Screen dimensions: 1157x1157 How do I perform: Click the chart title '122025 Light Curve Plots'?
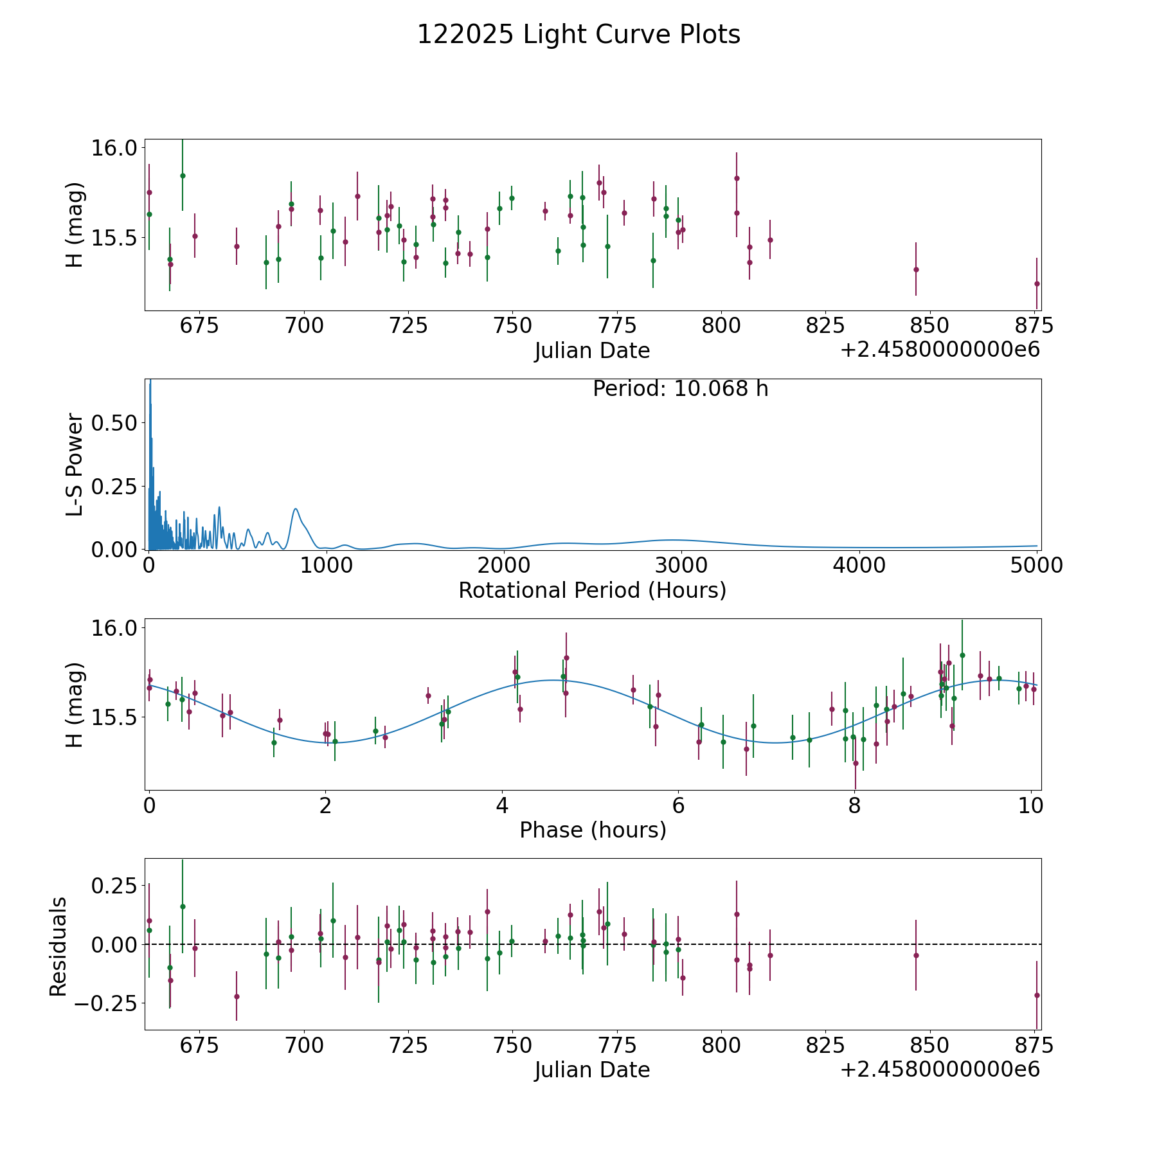tap(578, 35)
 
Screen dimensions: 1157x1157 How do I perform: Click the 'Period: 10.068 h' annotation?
tap(680, 389)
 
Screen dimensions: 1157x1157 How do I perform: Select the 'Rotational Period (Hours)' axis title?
tap(592, 590)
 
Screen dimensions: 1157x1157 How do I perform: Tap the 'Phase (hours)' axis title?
tap(592, 830)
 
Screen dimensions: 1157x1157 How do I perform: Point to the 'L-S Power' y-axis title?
tap(75, 464)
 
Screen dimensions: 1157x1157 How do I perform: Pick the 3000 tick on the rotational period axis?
tap(681, 566)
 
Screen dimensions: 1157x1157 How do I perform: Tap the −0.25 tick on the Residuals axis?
tap(106, 1003)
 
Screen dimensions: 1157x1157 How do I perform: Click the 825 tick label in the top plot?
tap(825, 326)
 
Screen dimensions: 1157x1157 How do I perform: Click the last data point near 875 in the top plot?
tap(1036, 283)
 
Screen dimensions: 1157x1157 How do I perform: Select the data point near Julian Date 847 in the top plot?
tap(916, 269)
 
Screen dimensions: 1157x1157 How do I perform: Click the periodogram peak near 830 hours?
tap(296, 509)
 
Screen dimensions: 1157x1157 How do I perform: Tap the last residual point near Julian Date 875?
tap(1036, 995)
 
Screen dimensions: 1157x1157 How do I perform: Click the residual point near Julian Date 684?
tap(237, 996)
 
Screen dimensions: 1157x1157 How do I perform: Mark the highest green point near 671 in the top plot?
tap(183, 175)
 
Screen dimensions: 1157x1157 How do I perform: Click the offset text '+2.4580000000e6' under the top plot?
tap(940, 350)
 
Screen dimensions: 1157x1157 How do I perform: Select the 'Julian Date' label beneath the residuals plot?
tap(592, 1070)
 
